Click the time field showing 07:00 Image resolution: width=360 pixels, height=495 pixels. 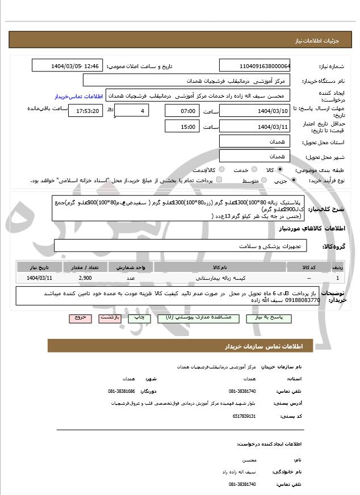pyautogui.click(x=182, y=110)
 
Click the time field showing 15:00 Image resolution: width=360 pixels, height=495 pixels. pyautogui.click(x=182, y=126)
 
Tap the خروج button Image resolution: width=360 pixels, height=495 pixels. pyautogui.click(x=79, y=318)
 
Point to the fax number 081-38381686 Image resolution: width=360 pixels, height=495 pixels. pyautogui.click(x=122, y=391)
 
